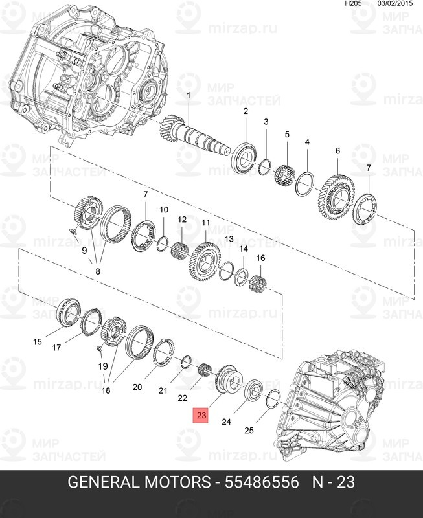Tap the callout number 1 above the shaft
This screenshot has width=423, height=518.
click(x=189, y=96)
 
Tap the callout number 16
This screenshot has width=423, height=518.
click(x=261, y=258)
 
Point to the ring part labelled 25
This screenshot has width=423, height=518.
click(x=273, y=399)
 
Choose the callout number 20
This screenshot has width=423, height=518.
click(x=137, y=387)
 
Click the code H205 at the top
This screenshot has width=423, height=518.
click(x=353, y=4)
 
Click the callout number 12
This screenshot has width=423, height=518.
click(x=182, y=220)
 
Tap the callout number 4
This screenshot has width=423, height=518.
click(x=307, y=142)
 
